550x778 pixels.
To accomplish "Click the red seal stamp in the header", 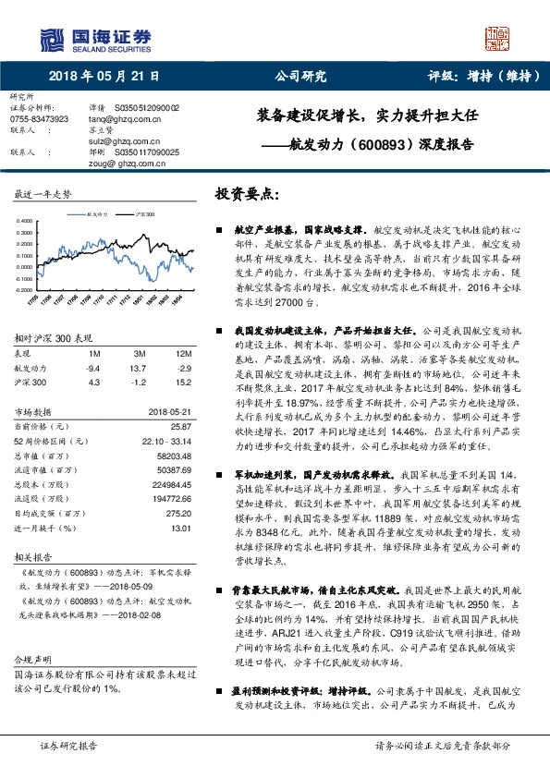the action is (497, 38).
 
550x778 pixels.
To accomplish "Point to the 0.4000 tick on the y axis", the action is (23, 221).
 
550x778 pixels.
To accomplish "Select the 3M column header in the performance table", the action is (140, 354).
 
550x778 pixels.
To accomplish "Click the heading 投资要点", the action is (247, 195).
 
